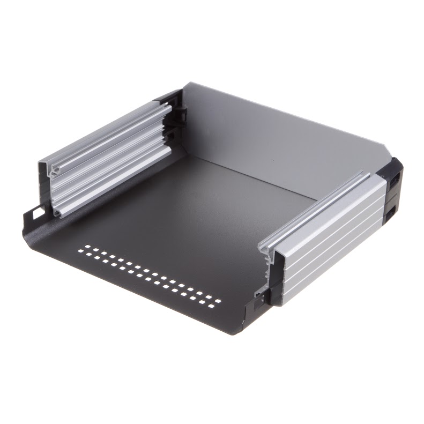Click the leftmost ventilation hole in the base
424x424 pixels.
tap(80, 250)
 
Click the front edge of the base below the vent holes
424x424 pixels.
tap(134, 289)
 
